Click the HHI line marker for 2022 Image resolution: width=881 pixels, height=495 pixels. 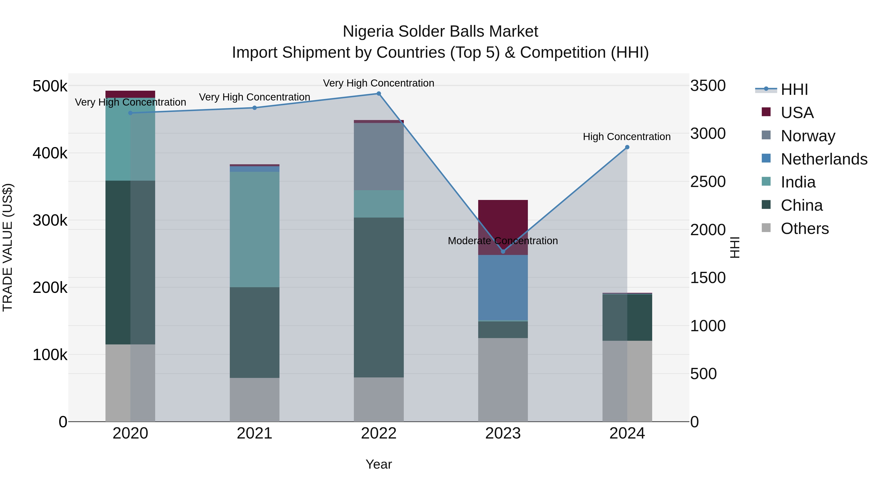pos(379,94)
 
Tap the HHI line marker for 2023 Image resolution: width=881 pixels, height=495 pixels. pos(503,252)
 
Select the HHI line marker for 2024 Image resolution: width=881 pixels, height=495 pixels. pos(627,147)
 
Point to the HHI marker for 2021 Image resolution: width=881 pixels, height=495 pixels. pos(255,108)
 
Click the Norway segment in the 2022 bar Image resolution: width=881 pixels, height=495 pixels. pos(379,156)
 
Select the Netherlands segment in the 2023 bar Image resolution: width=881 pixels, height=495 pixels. pos(503,288)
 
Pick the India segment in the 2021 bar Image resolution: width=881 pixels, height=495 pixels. pos(255,229)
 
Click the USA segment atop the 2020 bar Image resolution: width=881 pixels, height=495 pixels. pos(130,94)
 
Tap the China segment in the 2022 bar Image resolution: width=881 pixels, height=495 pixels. pos(379,297)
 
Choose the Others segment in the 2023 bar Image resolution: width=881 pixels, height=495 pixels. pos(503,380)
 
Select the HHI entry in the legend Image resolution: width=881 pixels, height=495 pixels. pos(794,89)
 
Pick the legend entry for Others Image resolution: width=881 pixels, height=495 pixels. pos(804,229)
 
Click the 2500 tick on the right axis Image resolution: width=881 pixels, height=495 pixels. pos(707,182)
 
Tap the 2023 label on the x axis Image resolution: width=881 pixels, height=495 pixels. pos(503,433)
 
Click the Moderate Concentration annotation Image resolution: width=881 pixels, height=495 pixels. pos(503,241)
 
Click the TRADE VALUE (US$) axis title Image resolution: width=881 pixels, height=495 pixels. pos(8,247)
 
